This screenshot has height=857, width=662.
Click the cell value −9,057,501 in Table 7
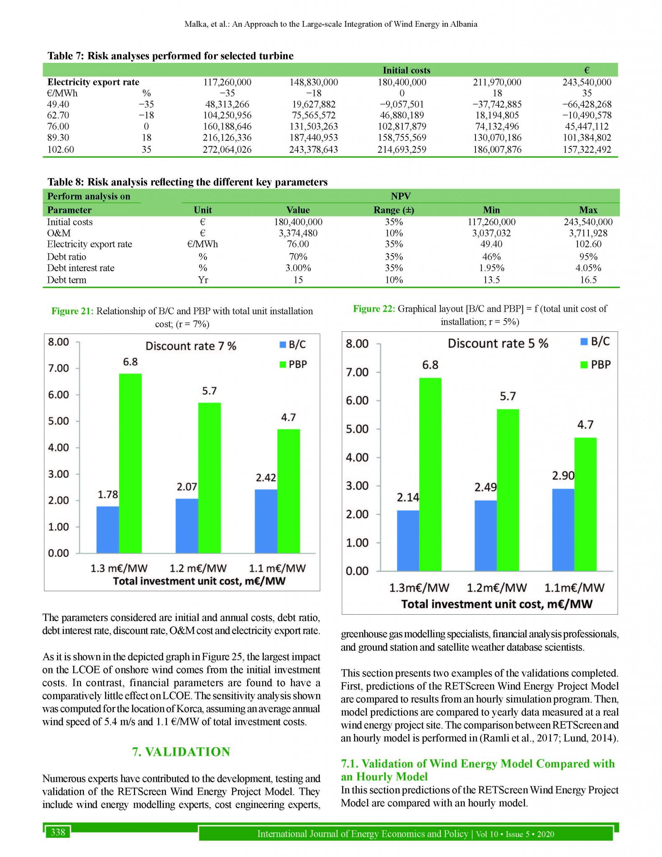coord(401,104)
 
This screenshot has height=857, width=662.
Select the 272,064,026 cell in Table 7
coord(227,149)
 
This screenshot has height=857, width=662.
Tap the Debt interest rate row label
coord(80,268)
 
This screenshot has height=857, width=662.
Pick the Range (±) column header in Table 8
coord(394,210)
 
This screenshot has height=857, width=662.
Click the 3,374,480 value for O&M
coord(298,233)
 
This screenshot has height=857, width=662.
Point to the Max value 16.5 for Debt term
coord(588,280)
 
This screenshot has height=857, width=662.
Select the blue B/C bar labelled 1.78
coord(107,529)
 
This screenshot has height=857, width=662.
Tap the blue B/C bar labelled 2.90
coord(563,529)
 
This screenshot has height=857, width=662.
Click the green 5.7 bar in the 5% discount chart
coord(508,490)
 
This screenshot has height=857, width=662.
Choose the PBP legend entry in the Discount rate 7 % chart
coord(294,364)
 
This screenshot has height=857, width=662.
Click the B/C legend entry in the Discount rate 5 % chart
coord(596,341)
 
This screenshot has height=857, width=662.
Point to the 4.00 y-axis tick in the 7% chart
coord(59,448)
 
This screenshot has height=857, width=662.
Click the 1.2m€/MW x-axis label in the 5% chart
coord(496,588)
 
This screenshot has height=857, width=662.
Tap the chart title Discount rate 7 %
coord(191,346)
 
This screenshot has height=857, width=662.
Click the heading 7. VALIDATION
coord(181,752)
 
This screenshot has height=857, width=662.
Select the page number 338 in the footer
coord(58,831)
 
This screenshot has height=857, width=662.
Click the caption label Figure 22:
coord(374,309)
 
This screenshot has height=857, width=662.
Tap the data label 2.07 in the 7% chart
coord(187,487)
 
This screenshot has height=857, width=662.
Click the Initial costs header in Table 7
coord(406,70)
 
